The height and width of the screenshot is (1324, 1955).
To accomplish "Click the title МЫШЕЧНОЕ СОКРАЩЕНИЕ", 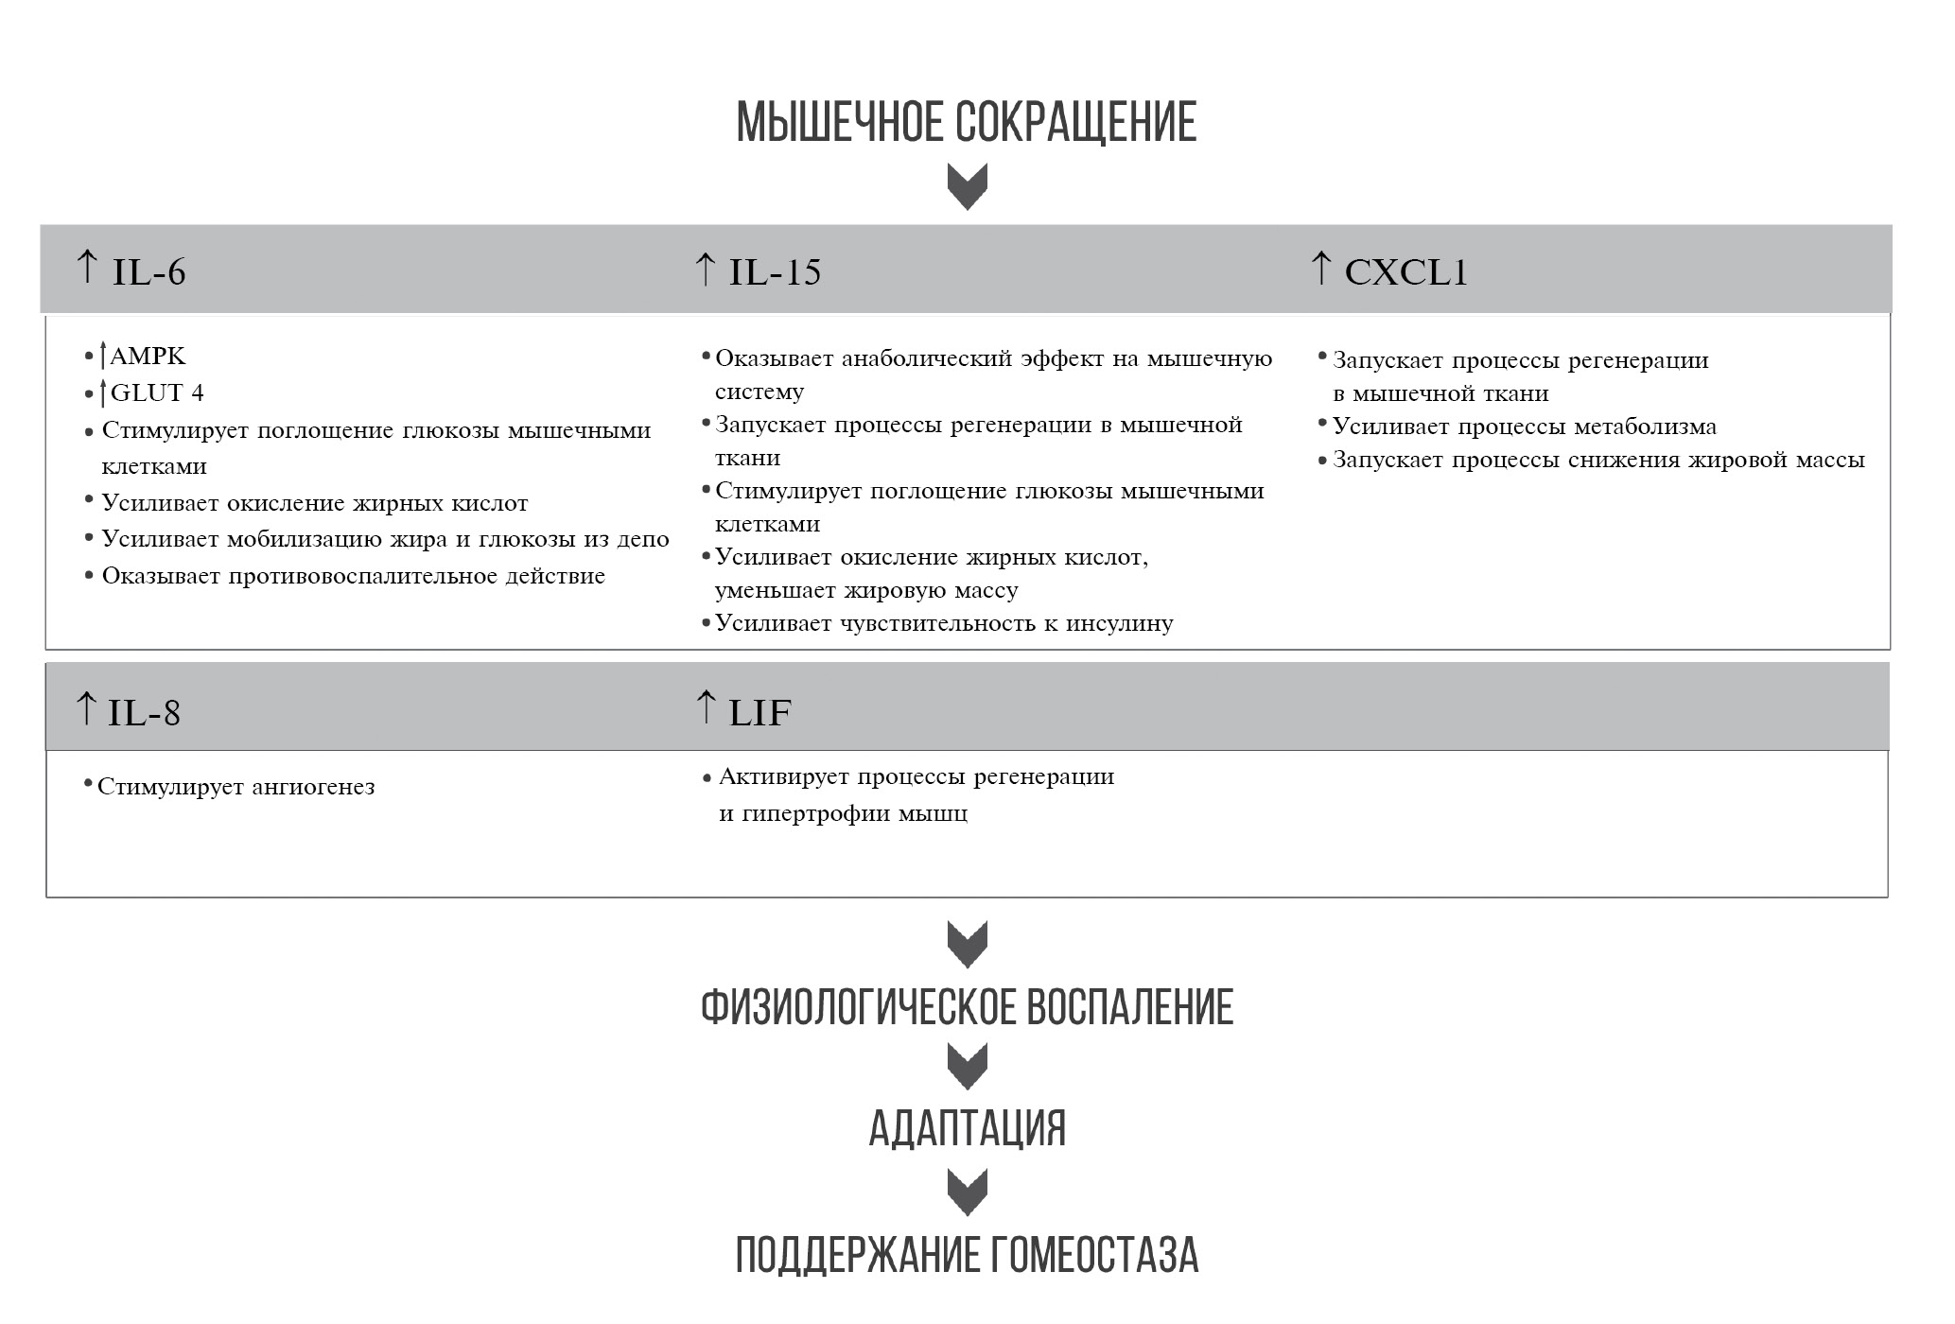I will pos(967,123).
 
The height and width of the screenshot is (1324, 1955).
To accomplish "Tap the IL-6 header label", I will pos(148,272).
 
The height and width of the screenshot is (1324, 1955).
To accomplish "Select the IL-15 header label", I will pos(774,272).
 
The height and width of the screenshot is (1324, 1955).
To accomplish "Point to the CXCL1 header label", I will pos(1405,272).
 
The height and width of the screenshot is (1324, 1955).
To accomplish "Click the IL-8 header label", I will pos(144,712).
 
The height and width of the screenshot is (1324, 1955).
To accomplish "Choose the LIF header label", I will pos(759,712).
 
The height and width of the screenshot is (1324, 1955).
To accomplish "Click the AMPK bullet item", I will pos(147,357).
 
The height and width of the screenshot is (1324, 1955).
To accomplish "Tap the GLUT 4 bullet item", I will pos(156,392).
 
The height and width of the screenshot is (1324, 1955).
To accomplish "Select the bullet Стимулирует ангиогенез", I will pos(236,787).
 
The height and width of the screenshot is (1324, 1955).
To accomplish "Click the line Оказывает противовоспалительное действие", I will pos(353,576).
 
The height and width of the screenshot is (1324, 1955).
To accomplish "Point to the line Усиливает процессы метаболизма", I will pos(1524,427).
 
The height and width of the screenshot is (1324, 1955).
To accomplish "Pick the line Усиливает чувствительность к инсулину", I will pos(943,623).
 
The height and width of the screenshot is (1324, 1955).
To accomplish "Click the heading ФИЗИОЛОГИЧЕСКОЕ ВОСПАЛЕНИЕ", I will pos(967,1007).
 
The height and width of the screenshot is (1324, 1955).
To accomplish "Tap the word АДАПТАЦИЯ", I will pos(967,1128).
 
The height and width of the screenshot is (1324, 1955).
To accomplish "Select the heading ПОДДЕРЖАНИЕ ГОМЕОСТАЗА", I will pos(967,1255).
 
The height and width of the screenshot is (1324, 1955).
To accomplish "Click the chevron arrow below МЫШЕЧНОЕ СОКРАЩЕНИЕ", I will pos(967,186).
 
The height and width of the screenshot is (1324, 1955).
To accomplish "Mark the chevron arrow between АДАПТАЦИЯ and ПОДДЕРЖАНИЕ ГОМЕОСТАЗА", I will pos(967,1192).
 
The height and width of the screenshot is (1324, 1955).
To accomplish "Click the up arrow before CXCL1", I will pos(1321,268).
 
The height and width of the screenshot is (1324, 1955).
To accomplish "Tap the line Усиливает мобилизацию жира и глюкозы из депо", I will pos(385,539).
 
